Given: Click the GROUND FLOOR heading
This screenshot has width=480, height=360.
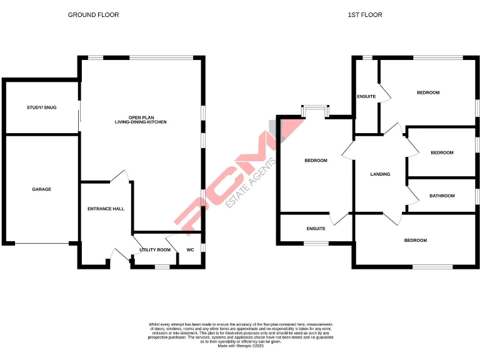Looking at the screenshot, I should click(x=93, y=14).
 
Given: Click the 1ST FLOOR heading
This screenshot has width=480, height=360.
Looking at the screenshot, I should click(x=365, y=14).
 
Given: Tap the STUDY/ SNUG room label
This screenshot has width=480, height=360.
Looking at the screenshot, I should click(x=41, y=107).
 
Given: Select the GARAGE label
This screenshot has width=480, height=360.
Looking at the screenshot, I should click(x=42, y=189).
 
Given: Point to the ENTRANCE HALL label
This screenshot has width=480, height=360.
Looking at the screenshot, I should click(x=103, y=209).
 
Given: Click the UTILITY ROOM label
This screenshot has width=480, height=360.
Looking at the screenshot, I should click(x=155, y=250).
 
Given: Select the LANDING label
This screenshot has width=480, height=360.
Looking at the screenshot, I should click(x=380, y=174).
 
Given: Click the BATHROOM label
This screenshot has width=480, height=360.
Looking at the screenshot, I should click(x=442, y=196).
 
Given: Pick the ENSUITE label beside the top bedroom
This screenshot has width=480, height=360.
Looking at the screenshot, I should click(x=366, y=96).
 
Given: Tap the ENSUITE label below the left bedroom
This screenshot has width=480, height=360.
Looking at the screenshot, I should click(x=316, y=229).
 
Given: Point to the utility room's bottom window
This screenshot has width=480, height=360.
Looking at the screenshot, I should click(x=162, y=266).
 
